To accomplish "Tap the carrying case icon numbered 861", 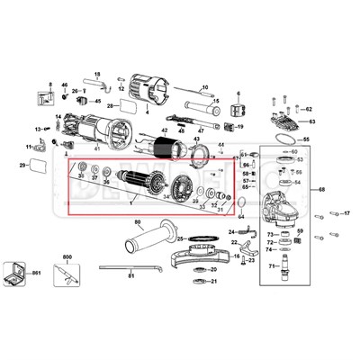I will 16,274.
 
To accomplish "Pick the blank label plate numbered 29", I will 38,166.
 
